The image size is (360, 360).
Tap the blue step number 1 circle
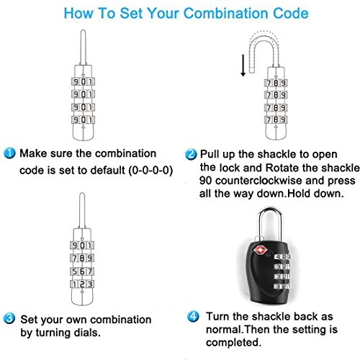9,153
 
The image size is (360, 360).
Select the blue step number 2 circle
191,154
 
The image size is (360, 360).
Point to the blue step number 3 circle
9,318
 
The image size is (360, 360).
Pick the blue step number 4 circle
193,316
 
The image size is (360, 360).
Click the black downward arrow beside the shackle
243,66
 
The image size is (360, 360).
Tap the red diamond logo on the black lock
260,251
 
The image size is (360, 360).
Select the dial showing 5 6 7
82,271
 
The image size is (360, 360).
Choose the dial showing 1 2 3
82,284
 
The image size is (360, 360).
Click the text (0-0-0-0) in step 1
150,171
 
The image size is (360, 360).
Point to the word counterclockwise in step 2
258,181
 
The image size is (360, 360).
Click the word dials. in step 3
87,333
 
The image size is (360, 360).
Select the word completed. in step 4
233,343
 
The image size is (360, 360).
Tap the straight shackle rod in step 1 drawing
83,48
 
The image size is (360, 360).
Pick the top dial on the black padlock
283,257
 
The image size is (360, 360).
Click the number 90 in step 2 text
205,181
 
